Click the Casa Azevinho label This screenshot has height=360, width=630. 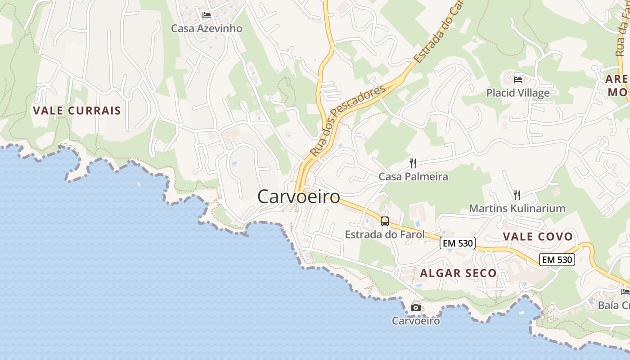207,28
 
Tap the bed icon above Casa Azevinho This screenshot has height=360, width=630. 207,15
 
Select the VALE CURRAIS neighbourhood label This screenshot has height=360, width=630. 77,110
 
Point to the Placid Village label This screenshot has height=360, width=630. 518,93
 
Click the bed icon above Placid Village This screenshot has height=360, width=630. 518,80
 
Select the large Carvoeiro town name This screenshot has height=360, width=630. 299,197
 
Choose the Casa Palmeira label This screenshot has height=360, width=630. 413,176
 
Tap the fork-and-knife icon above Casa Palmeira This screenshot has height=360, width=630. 413,163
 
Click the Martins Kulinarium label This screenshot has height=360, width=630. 517,208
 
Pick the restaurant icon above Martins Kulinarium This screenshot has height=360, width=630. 517,195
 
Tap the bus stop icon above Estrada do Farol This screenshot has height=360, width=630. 385,221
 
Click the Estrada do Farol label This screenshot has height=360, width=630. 385,234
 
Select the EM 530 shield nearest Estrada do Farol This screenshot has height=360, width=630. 458,243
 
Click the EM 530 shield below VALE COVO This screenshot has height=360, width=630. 557,260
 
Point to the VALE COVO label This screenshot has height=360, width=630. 538,237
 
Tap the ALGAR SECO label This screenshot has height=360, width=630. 458,273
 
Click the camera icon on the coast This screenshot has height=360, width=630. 416,308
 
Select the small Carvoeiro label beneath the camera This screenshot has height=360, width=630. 416,321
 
